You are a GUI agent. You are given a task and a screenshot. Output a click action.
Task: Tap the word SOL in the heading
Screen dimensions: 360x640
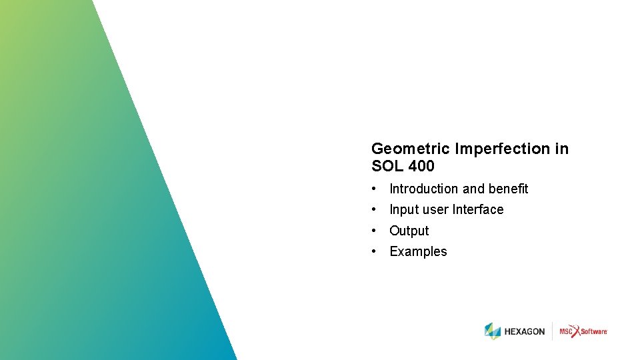(x=386, y=166)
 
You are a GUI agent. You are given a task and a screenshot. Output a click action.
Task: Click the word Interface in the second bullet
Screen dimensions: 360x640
(x=478, y=209)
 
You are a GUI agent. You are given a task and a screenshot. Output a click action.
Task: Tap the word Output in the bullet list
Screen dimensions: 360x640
(x=409, y=231)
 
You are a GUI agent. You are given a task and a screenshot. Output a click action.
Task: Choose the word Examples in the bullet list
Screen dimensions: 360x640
(x=418, y=251)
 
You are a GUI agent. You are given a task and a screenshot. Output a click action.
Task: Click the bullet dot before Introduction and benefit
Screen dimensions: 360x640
(x=376, y=189)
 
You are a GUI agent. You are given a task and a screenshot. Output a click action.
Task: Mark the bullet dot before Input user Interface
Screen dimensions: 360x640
(x=376, y=209)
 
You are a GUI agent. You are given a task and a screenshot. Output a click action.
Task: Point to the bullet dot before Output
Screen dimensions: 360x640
(x=376, y=231)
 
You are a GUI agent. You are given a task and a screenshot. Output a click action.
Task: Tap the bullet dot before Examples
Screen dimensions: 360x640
(x=376, y=251)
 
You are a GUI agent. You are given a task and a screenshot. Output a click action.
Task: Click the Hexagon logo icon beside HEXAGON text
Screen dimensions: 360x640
(x=493, y=331)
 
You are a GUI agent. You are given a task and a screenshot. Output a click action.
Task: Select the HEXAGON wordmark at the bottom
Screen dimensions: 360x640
(x=525, y=331)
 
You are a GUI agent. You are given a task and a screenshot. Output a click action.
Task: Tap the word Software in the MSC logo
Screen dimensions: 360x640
(x=593, y=331)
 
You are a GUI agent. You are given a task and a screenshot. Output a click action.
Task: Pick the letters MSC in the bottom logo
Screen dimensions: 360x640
(x=566, y=331)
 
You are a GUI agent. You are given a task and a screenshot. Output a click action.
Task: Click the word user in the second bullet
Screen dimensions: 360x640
(x=435, y=209)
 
